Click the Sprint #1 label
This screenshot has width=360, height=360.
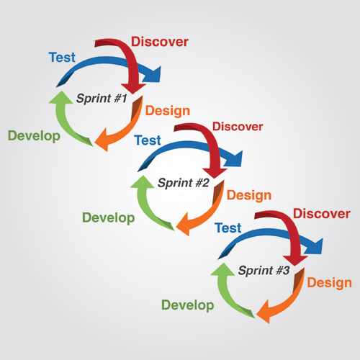point(102,99)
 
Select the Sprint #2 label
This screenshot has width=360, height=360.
point(183,183)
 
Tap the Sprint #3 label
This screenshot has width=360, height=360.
point(264,271)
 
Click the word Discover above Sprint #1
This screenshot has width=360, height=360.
point(160,42)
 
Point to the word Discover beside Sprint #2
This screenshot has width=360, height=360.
point(238,127)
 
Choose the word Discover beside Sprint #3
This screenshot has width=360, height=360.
point(322,214)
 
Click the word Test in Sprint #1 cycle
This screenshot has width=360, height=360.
point(62,58)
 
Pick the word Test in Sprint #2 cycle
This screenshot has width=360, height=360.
point(148,140)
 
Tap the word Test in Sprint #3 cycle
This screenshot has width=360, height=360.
point(228,228)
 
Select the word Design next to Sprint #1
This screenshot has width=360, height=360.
point(168,111)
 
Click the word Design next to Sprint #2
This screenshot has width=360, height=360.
point(249,195)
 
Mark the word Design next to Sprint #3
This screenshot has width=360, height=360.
point(330,283)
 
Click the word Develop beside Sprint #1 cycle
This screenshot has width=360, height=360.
point(34,136)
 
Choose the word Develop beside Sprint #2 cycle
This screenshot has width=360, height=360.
point(109,218)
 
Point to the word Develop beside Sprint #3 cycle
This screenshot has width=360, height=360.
point(188,305)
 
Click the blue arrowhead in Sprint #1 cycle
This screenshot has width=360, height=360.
point(153,75)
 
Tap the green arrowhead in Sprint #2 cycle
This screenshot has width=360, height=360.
point(143,182)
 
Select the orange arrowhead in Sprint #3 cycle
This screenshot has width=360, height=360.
point(265,312)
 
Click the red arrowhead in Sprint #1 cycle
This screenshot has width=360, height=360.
point(133,89)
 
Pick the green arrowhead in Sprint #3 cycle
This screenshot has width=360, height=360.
point(223,270)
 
